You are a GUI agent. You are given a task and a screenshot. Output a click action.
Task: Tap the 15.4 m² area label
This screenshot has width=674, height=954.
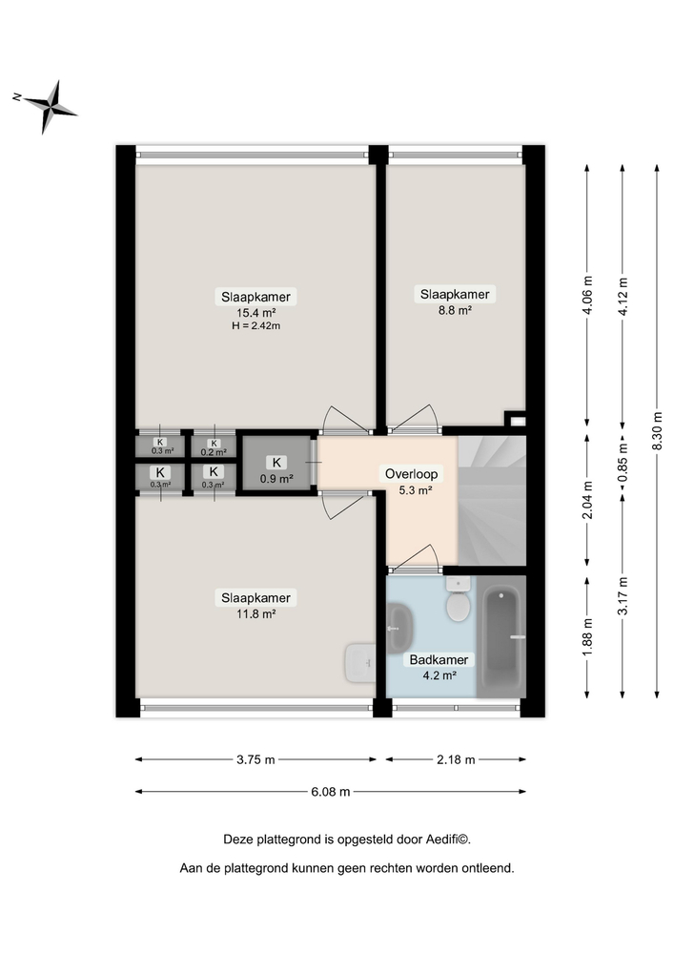pyautogui.click(x=255, y=312)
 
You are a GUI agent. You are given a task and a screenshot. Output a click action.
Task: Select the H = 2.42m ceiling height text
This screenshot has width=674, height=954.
pyautogui.click(x=255, y=325)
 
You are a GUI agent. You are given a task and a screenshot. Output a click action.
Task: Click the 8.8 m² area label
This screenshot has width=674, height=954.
pyautogui.click(x=456, y=309)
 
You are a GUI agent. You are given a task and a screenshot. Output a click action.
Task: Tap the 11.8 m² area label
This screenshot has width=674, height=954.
pyautogui.click(x=255, y=613)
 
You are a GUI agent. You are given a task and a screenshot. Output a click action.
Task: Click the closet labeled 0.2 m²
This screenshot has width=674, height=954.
pyautogui.click(x=214, y=446)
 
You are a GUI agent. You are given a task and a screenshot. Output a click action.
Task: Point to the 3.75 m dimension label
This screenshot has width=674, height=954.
pyautogui.click(x=255, y=759)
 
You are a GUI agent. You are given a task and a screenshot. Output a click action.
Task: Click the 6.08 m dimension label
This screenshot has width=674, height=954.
pyautogui.click(x=331, y=791)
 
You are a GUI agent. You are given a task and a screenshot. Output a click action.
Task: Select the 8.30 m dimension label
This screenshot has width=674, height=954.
pyautogui.click(x=657, y=430)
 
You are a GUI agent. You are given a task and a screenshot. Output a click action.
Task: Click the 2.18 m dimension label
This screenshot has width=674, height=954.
pyautogui.click(x=455, y=759)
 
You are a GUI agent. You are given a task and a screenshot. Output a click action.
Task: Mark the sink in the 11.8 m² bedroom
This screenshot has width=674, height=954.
pyautogui.click(x=358, y=662)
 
